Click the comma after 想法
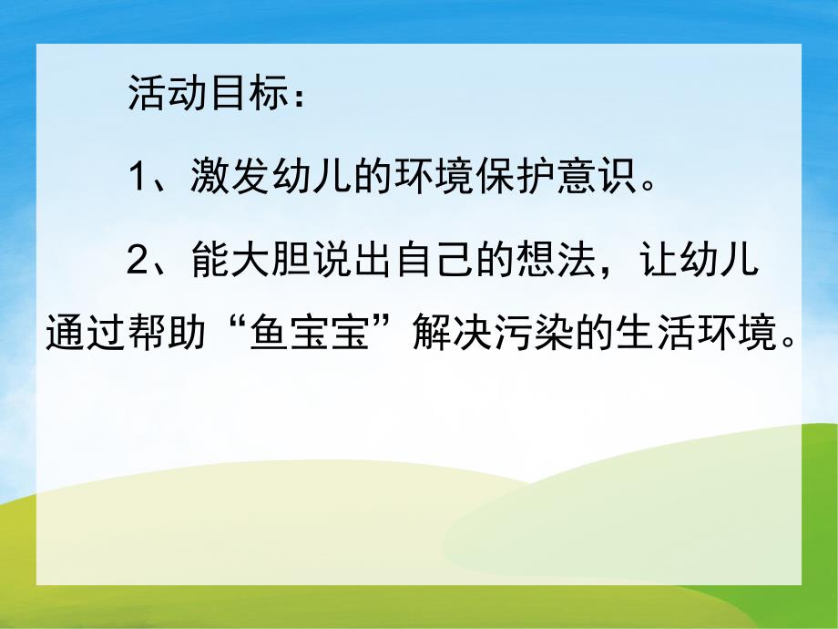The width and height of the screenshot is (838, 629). coord(608,268)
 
